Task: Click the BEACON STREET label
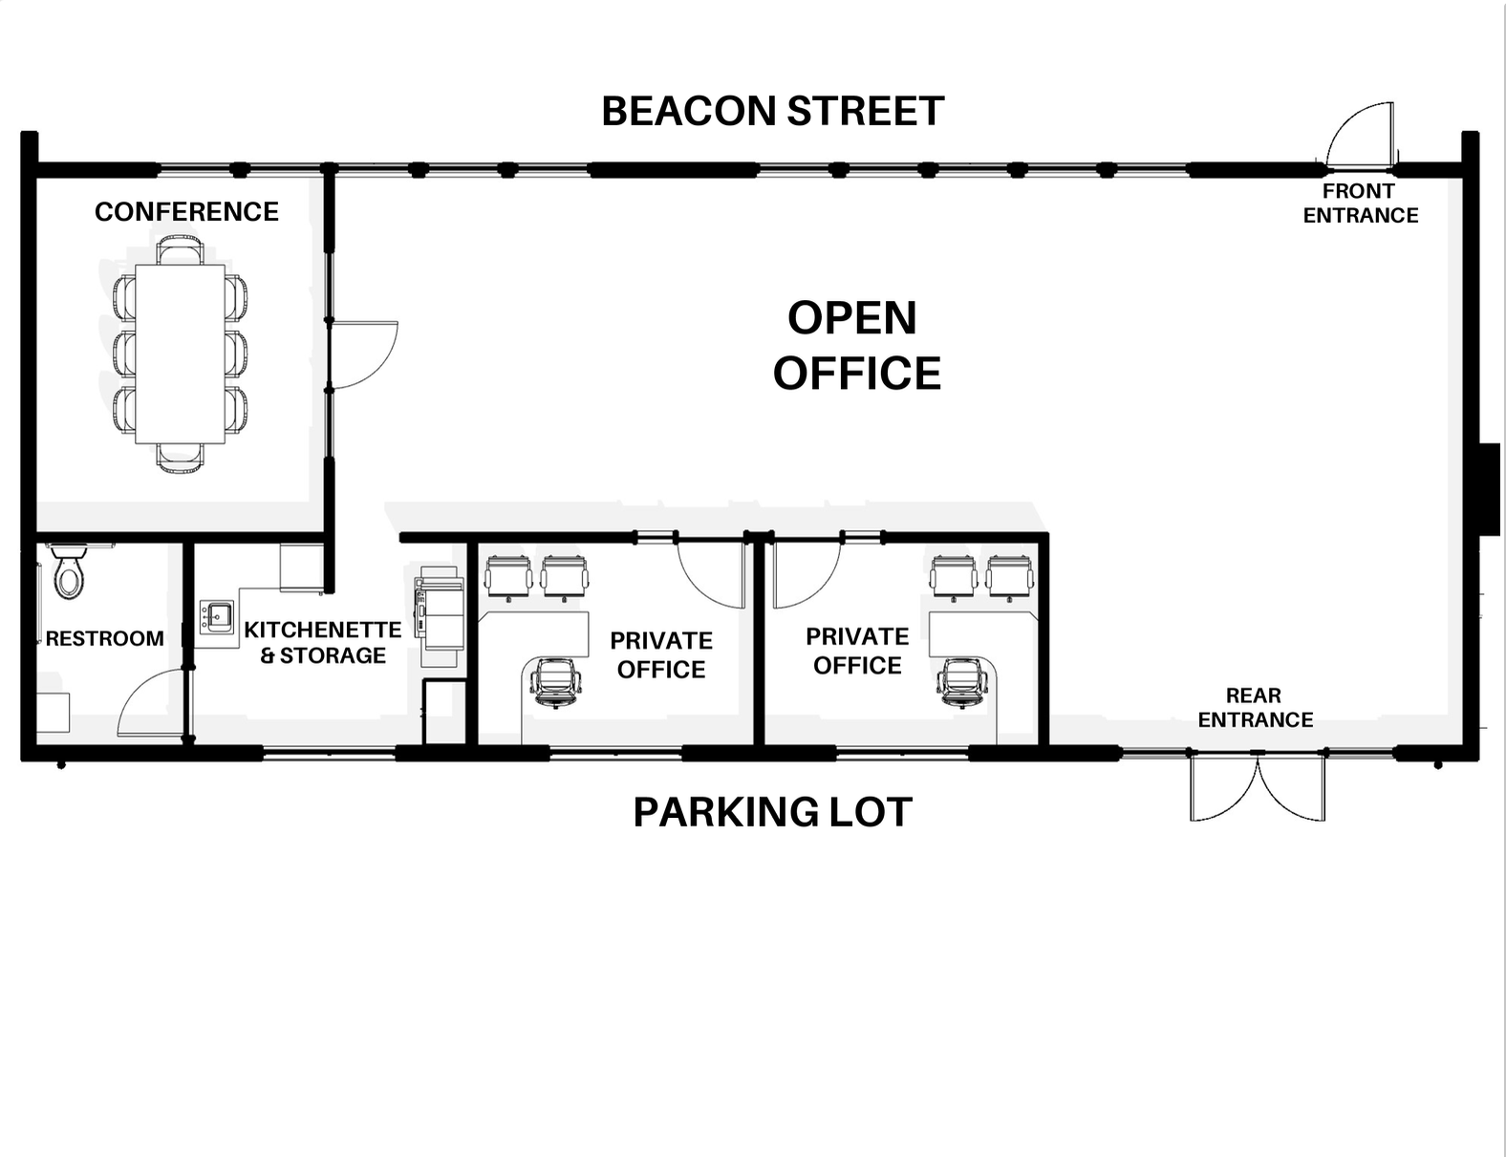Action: (773, 111)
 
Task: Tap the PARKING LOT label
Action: (773, 812)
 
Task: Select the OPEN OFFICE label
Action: (856, 345)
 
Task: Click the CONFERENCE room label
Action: (186, 211)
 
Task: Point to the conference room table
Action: (181, 354)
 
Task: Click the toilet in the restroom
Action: (69, 572)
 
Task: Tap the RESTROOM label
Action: (105, 638)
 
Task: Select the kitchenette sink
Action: (217, 616)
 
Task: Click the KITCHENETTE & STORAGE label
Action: (323, 642)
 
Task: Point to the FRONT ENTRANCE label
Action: (1360, 203)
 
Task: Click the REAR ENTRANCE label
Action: (1255, 707)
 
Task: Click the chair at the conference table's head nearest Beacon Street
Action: (181, 250)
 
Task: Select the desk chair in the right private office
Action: (962, 682)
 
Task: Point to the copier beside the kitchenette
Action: (440, 615)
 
